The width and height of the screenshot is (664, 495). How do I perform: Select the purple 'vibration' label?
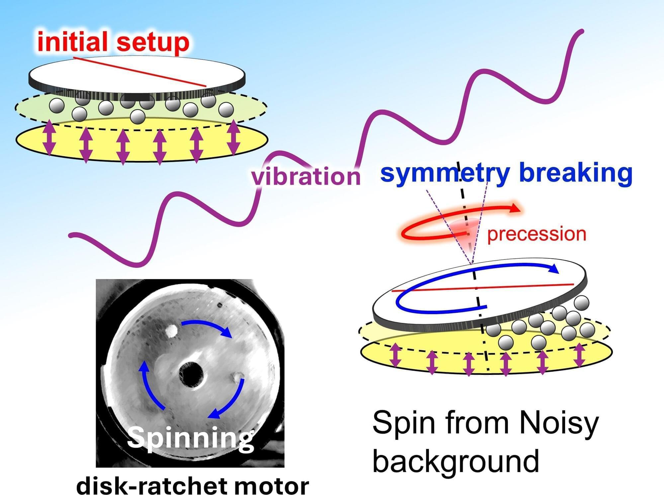point(305,176)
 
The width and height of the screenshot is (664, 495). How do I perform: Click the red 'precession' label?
point(537,234)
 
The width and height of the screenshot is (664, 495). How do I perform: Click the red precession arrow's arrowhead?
point(515,208)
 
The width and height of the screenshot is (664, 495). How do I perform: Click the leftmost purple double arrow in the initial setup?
point(49,137)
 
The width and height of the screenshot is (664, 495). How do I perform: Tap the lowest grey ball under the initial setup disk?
point(137,116)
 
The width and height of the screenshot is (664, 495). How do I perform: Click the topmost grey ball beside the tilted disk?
point(581,303)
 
